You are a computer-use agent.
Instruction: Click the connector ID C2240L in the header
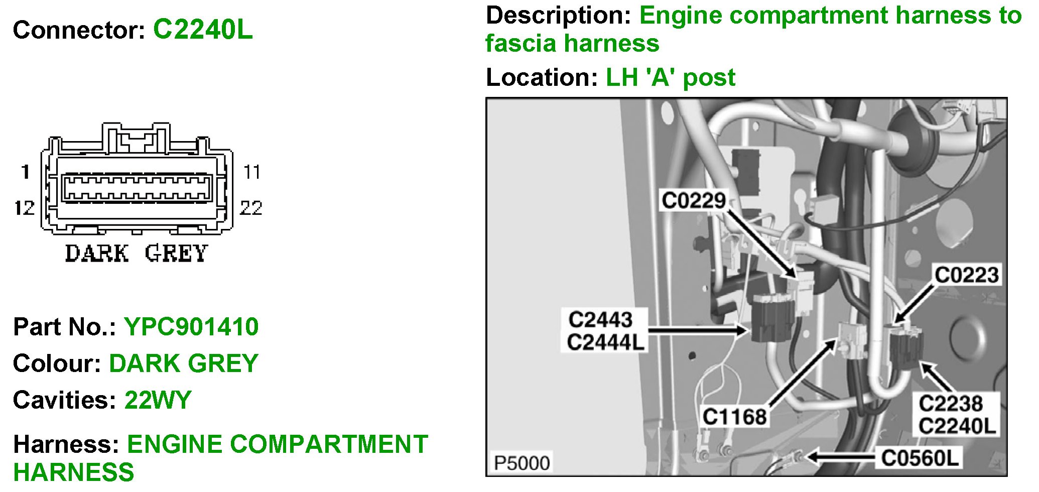203,29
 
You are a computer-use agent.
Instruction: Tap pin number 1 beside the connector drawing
25,172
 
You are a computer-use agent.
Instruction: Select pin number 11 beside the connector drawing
251,172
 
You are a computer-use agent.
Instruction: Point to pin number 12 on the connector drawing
24,207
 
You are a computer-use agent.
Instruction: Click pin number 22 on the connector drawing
251,207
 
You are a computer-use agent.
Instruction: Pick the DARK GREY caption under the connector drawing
136,254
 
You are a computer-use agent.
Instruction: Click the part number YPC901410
191,327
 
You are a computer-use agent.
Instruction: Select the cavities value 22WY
158,400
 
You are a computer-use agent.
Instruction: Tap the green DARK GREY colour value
183,363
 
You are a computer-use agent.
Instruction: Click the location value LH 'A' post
670,77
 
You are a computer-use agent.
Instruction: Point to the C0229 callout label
694,200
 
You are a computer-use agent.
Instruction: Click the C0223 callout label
966,275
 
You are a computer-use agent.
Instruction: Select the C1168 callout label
734,417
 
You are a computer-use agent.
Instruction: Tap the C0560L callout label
920,457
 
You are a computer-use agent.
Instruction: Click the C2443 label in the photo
600,320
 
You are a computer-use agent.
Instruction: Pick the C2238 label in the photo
950,403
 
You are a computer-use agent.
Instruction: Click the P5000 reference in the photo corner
522,462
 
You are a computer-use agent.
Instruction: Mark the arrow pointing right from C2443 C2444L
698,330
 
